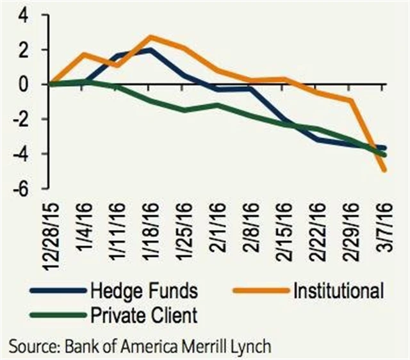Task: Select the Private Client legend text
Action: [144, 315]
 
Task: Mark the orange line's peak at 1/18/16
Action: [151, 37]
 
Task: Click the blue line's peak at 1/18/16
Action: [151, 49]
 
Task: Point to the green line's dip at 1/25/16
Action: [184, 110]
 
